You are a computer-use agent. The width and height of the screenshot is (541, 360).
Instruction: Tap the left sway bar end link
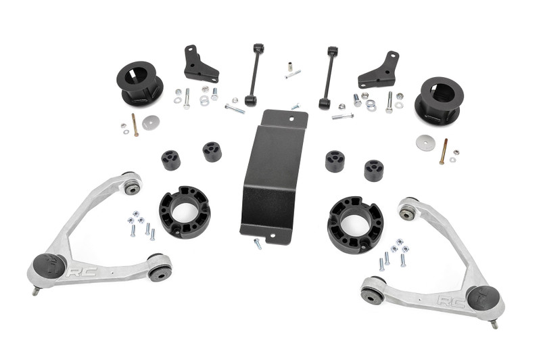tap(254, 74)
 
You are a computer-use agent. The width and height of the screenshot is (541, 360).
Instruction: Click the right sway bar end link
tap(329, 76)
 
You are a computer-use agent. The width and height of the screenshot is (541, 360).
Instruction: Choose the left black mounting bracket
tap(199, 64)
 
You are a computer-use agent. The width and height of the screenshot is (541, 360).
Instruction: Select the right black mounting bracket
tap(379, 70)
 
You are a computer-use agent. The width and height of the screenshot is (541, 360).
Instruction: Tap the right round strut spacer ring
tap(355, 224)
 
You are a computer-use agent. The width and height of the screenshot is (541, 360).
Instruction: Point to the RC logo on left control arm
tap(76, 271)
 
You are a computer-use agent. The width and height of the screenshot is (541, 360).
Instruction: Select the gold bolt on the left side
tap(135, 125)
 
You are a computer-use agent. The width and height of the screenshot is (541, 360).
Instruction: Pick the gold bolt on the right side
tap(444, 151)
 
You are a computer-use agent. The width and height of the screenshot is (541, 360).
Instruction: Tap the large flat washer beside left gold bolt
tap(151, 122)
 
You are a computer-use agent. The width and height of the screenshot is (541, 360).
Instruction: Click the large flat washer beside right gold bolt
tap(425, 142)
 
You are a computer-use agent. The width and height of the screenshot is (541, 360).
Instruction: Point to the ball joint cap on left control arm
tap(48, 266)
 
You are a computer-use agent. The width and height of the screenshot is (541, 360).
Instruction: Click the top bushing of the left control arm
tap(132, 185)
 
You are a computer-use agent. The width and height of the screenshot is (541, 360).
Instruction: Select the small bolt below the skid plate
tap(258, 244)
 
